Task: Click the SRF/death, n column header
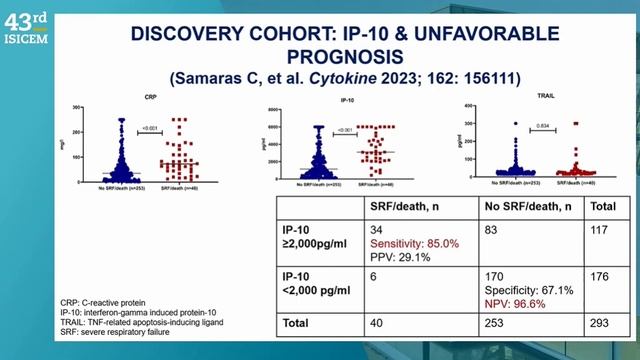click(x=407, y=207)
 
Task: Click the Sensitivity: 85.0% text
click(x=415, y=242)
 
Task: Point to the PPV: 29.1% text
click(x=399, y=256)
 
